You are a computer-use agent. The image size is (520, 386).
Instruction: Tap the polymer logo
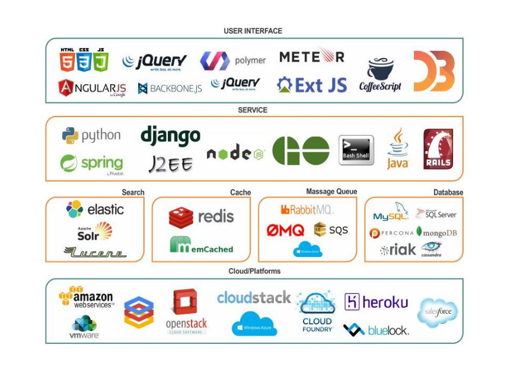point(232,60)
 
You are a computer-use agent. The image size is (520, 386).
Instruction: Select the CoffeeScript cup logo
point(380,75)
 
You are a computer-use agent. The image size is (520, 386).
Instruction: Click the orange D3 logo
point(433,71)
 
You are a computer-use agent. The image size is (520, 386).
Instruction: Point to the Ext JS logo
point(312,85)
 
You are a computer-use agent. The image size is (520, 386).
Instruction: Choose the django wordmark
point(170,136)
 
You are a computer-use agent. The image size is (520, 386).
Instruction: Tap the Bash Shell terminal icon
point(356,150)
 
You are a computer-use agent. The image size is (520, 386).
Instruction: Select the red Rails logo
point(438,149)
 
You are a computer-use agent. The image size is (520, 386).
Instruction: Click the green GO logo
point(301,150)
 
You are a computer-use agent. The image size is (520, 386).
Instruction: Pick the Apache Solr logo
point(94,231)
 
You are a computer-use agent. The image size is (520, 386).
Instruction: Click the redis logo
point(202,217)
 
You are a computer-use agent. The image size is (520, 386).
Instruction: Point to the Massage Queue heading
point(331,192)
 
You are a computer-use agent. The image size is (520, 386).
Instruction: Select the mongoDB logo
point(437,232)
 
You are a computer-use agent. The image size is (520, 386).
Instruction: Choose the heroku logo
point(377,302)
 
